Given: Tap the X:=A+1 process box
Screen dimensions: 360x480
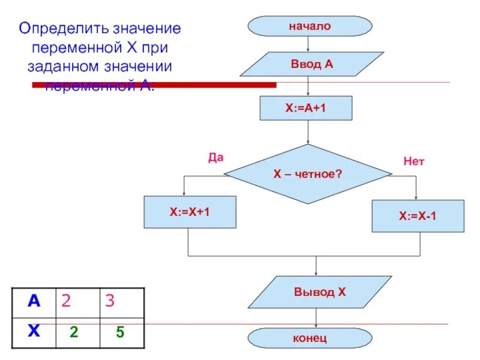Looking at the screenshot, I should coord(306,109).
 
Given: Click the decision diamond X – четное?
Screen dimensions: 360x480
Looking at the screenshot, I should coord(308,174).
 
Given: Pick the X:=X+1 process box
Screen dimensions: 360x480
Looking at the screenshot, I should coord(189,212).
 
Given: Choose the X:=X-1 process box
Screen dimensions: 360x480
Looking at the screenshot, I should coord(418,216).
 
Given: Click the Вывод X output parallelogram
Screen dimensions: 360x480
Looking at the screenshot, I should coord(320,292).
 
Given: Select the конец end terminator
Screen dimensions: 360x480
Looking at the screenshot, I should coord(310,338).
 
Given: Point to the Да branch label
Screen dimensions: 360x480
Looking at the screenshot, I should coord(215,157).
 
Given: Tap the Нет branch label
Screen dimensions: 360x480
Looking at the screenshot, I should coord(413,161).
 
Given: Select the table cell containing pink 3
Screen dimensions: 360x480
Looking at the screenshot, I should coord(121,301).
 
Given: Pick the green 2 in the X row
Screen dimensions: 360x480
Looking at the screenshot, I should coord(74,331).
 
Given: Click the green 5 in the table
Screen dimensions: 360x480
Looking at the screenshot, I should coord(120,331).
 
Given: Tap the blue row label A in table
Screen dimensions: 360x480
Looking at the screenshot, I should coord(34,301).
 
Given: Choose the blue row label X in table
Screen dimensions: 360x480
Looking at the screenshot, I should coord(34,330).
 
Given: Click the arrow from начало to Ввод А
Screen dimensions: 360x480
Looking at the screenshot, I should coord(308,44).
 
